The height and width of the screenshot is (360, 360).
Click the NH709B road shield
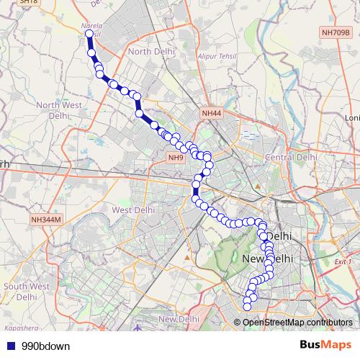coord(336,32)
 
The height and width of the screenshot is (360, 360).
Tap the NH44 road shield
coord(212,113)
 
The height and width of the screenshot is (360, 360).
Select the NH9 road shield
coord(176,157)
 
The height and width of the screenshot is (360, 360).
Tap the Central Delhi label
coord(292,157)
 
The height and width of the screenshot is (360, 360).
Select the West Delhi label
coord(133,210)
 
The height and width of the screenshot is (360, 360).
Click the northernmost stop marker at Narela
coord(89,34)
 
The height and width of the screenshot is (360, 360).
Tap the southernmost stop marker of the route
coord(247,307)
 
